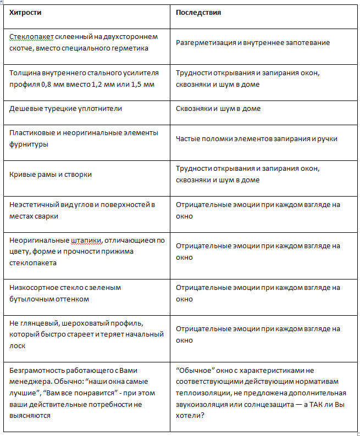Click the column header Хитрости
point(25,12)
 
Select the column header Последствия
point(198,12)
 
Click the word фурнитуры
point(28,144)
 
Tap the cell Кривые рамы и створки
point(51,174)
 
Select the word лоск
point(18,346)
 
